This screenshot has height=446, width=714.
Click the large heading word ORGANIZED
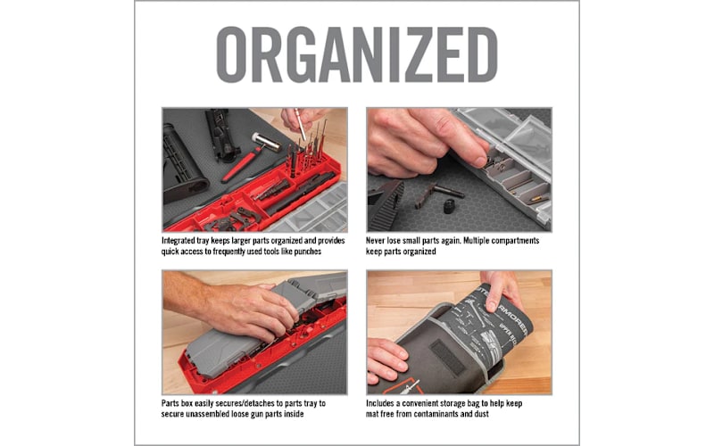357,55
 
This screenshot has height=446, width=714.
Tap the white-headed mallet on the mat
265,140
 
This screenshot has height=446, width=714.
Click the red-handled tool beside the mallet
240,165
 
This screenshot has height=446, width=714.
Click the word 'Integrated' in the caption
183,241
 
